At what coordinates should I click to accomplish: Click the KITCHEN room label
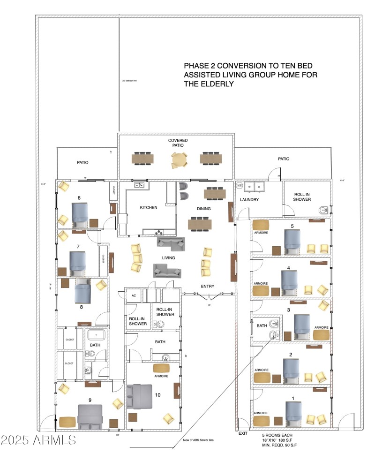(149, 207)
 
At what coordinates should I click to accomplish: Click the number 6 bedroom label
(79, 198)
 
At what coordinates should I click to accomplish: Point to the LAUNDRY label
(249, 200)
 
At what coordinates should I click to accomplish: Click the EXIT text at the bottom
(243, 433)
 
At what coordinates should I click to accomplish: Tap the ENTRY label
(208, 287)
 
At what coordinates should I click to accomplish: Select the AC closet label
(134, 296)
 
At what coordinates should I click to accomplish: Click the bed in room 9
(90, 416)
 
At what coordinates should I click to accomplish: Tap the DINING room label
(203, 209)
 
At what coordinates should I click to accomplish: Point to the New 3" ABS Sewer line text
(198, 440)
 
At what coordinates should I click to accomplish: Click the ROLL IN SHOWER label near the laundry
(302, 197)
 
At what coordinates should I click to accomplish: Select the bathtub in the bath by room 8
(97, 335)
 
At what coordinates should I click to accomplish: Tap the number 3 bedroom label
(289, 310)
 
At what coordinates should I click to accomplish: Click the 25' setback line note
(129, 81)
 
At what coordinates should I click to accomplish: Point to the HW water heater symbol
(240, 186)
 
